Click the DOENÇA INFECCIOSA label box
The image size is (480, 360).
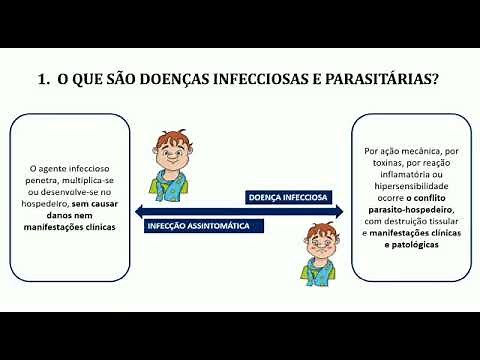tap(291, 196)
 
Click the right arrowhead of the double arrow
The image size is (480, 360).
tap(341, 210)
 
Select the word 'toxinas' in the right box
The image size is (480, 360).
tap(386, 163)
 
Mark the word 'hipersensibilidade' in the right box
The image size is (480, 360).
tap(407, 185)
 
